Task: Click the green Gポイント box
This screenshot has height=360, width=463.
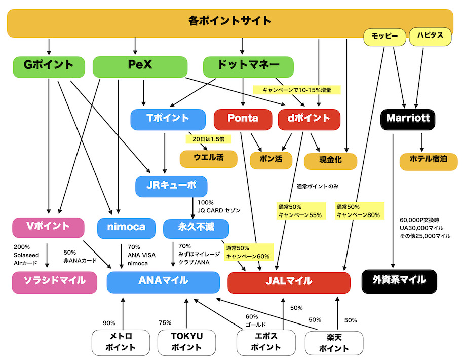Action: click(x=49, y=65)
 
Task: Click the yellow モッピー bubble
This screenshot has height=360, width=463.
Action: click(x=385, y=36)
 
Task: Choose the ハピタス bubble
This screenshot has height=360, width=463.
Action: click(x=430, y=36)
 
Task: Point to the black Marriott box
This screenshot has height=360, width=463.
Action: click(x=408, y=119)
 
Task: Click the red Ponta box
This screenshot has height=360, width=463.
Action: click(x=243, y=119)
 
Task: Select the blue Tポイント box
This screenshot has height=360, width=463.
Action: click(x=168, y=119)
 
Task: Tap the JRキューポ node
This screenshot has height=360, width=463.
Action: click(x=171, y=186)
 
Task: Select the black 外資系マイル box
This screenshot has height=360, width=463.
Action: click(x=400, y=281)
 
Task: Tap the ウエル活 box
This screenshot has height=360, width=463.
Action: click(x=208, y=158)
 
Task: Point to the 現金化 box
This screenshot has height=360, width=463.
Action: click(x=330, y=160)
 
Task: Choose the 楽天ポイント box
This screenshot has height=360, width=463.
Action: click(x=334, y=342)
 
